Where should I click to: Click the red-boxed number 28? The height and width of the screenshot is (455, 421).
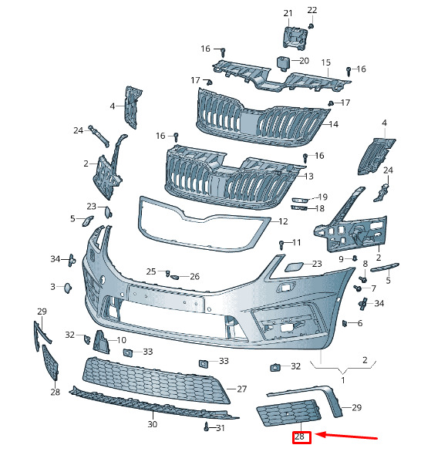pos(299,436)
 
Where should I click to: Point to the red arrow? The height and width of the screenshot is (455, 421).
pos(346,436)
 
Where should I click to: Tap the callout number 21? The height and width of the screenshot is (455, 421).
pos(288,13)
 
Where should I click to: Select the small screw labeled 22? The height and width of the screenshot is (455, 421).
pos(311,26)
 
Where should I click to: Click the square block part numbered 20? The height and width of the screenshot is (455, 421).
pos(284,63)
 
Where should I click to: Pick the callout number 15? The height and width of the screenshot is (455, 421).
pos(326,62)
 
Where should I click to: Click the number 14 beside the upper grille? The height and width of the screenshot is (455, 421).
pos(334,124)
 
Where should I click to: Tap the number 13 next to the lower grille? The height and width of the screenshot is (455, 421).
pos(308,176)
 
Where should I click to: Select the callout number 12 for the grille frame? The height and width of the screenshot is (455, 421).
pos(283,221)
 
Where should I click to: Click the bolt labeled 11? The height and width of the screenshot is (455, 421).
pos(281,244)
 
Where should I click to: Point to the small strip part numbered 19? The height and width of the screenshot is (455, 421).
pos(299,200)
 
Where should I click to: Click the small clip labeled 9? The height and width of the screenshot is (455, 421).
pos(355,258)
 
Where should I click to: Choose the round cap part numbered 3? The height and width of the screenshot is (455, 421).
pos(68,288)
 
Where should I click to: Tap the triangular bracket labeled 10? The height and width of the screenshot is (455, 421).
pos(101,342)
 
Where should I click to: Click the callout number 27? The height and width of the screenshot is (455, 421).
pos(241,389)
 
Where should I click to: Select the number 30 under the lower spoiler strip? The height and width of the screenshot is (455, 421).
pos(153,424)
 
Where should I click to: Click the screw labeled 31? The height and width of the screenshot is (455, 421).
pos(207,426)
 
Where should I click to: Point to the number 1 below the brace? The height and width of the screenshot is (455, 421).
pos(343,380)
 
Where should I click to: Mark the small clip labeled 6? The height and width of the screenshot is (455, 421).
pos(345,323)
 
